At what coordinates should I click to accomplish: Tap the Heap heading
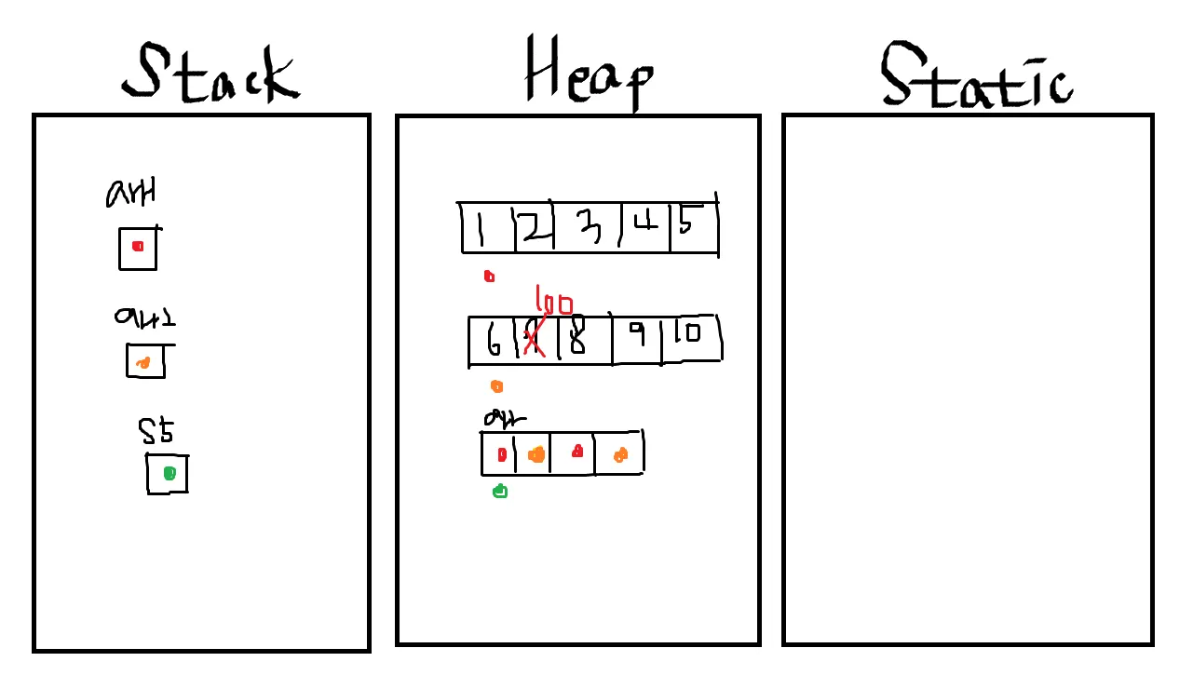[589, 73]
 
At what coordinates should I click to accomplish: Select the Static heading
[976, 76]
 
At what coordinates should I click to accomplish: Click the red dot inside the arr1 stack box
[138, 247]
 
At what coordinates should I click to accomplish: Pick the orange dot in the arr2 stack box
[142, 363]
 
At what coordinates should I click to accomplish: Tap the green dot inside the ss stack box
[169, 474]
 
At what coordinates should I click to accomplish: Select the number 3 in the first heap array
[589, 227]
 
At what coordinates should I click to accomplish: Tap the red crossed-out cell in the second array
[534, 339]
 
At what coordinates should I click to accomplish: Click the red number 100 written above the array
[554, 304]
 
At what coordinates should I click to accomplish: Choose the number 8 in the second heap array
[577, 339]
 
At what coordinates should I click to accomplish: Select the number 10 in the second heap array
[690, 331]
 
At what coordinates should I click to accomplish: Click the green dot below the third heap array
[500, 491]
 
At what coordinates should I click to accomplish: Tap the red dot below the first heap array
[489, 276]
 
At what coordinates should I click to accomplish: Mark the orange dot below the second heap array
[496, 386]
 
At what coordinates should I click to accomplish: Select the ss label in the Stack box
[156, 432]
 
